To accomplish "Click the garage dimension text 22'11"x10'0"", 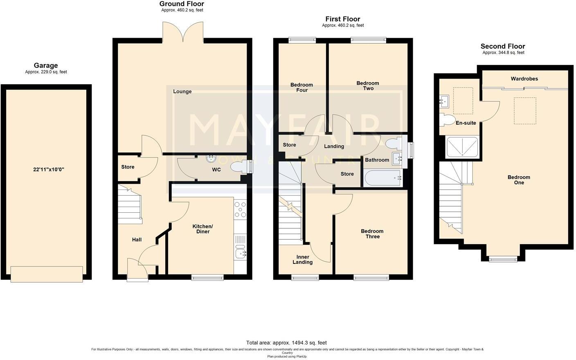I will (x=49, y=169).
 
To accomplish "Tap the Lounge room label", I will (x=182, y=92).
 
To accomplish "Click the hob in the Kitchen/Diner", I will (x=240, y=209).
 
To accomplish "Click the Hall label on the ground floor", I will (x=137, y=240).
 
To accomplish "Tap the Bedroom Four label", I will (x=301, y=88).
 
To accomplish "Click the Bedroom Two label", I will (x=368, y=86).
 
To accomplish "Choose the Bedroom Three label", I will (x=372, y=234).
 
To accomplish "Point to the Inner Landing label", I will (x=302, y=260).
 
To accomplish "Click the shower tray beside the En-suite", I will (x=462, y=147).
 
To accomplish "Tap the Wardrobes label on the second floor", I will (x=524, y=79).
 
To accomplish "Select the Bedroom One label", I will (x=519, y=180).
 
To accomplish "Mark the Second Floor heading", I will (x=503, y=46).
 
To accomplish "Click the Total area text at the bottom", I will (x=286, y=343).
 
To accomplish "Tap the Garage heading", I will (x=45, y=65).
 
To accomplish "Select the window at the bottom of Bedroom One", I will (x=503, y=259).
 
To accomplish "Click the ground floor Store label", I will (x=128, y=167).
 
